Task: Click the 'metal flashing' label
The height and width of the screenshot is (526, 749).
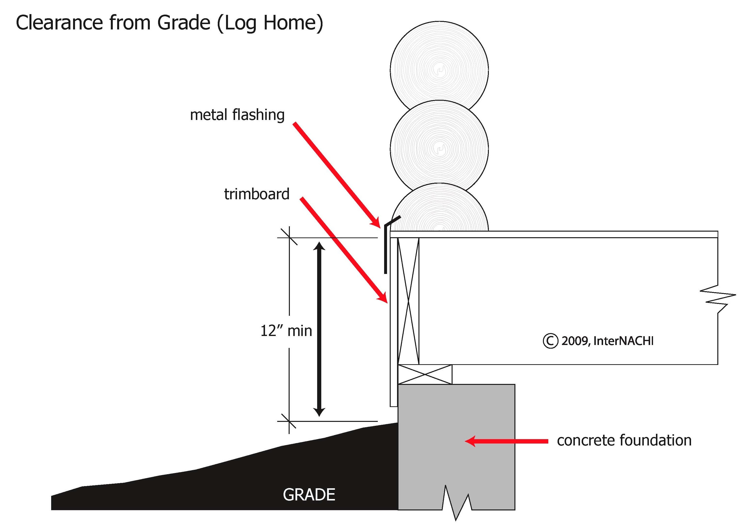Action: pos(237,115)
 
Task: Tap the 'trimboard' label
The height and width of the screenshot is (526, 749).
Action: pos(257,194)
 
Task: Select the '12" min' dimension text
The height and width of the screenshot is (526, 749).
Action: pos(286,331)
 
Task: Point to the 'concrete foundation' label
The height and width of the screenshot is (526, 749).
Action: pos(624,440)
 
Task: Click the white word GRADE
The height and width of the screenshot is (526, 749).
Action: pos(309,495)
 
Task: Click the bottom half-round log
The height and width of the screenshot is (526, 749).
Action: pos(439,212)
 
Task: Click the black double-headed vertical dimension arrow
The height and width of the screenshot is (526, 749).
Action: pos(319,329)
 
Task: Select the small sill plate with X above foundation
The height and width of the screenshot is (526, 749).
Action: pos(425,374)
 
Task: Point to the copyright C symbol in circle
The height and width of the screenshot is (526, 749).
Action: pos(550,341)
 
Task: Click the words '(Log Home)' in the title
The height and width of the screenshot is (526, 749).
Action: pos(269,23)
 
